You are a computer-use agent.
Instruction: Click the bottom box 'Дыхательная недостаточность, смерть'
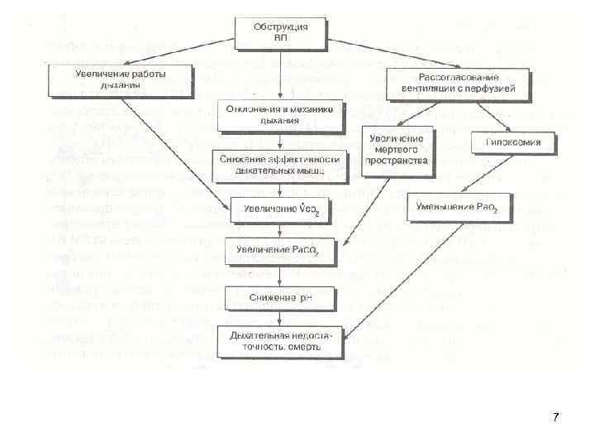point(280,340)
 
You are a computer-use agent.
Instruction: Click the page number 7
point(555,417)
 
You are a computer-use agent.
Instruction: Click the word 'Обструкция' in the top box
point(280,27)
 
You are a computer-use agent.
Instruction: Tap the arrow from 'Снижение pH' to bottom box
point(280,317)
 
